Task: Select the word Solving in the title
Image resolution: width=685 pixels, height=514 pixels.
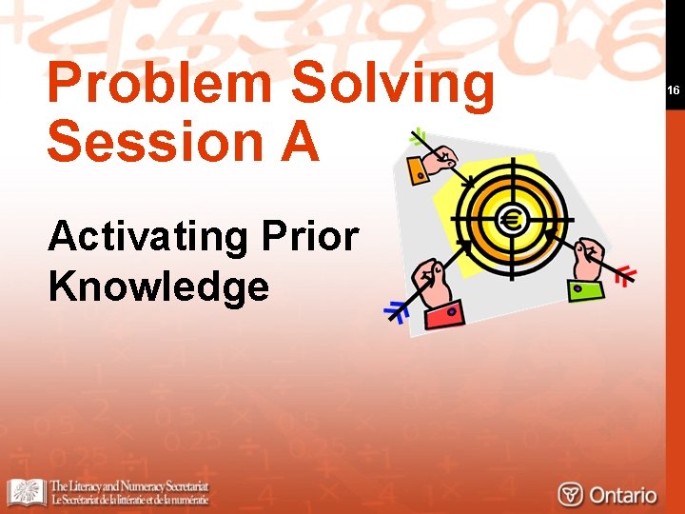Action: coord(393,86)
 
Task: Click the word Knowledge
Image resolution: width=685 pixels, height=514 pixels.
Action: coord(158,285)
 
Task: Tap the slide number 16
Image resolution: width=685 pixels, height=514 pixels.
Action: coord(674,90)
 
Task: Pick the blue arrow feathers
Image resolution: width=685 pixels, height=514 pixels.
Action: coord(395,311)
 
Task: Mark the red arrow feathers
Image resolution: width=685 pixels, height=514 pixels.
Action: coord(624,276)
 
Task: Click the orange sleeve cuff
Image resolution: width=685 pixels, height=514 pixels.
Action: coord(418,169)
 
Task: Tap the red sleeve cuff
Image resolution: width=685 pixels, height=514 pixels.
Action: coord(444,313)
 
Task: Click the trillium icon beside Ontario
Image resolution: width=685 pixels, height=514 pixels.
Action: coord(570,494)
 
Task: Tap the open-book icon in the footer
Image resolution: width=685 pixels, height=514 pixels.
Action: coord(26,492)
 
